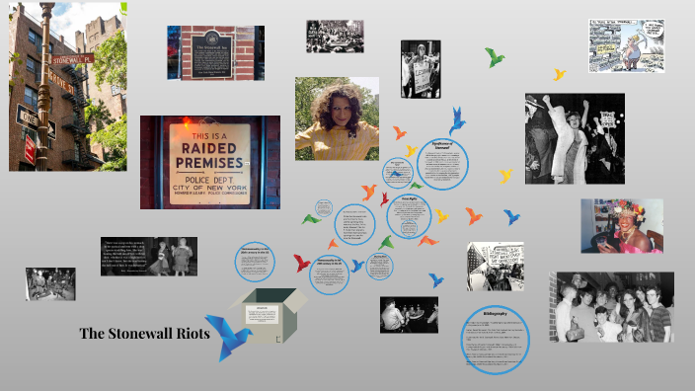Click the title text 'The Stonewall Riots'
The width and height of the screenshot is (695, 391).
(x=144, y=333)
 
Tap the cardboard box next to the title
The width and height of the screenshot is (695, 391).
(x=264, y=313)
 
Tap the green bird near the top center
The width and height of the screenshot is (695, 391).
(x=495, y=57)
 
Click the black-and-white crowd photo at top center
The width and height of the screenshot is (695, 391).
(x=334, y=37)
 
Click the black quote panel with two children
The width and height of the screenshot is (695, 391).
(x=149, y=256)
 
